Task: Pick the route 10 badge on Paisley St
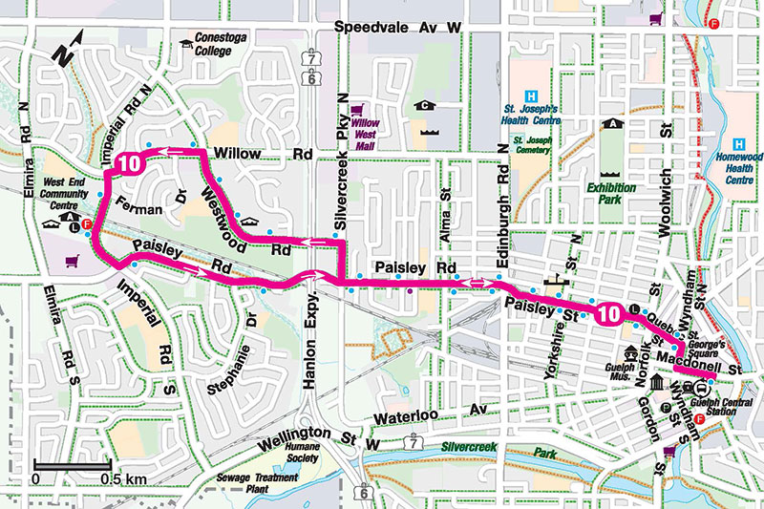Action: click(x=609, y=312)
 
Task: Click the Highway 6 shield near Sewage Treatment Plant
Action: click(x=363, y=493)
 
